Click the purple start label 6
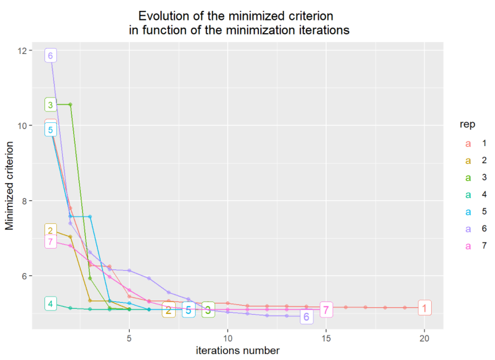[x=50, y=55]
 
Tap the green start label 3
[x=50, y=104]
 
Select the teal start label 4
[x=50, y=304]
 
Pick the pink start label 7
[x=50, y=242]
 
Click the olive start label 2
[x=50, y=230]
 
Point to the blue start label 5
[x=50, y=130]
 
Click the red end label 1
[x=424, y=308]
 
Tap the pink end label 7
[x=326, y=310]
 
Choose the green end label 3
[x=208, y=310]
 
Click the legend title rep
[x=468, y=125]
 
